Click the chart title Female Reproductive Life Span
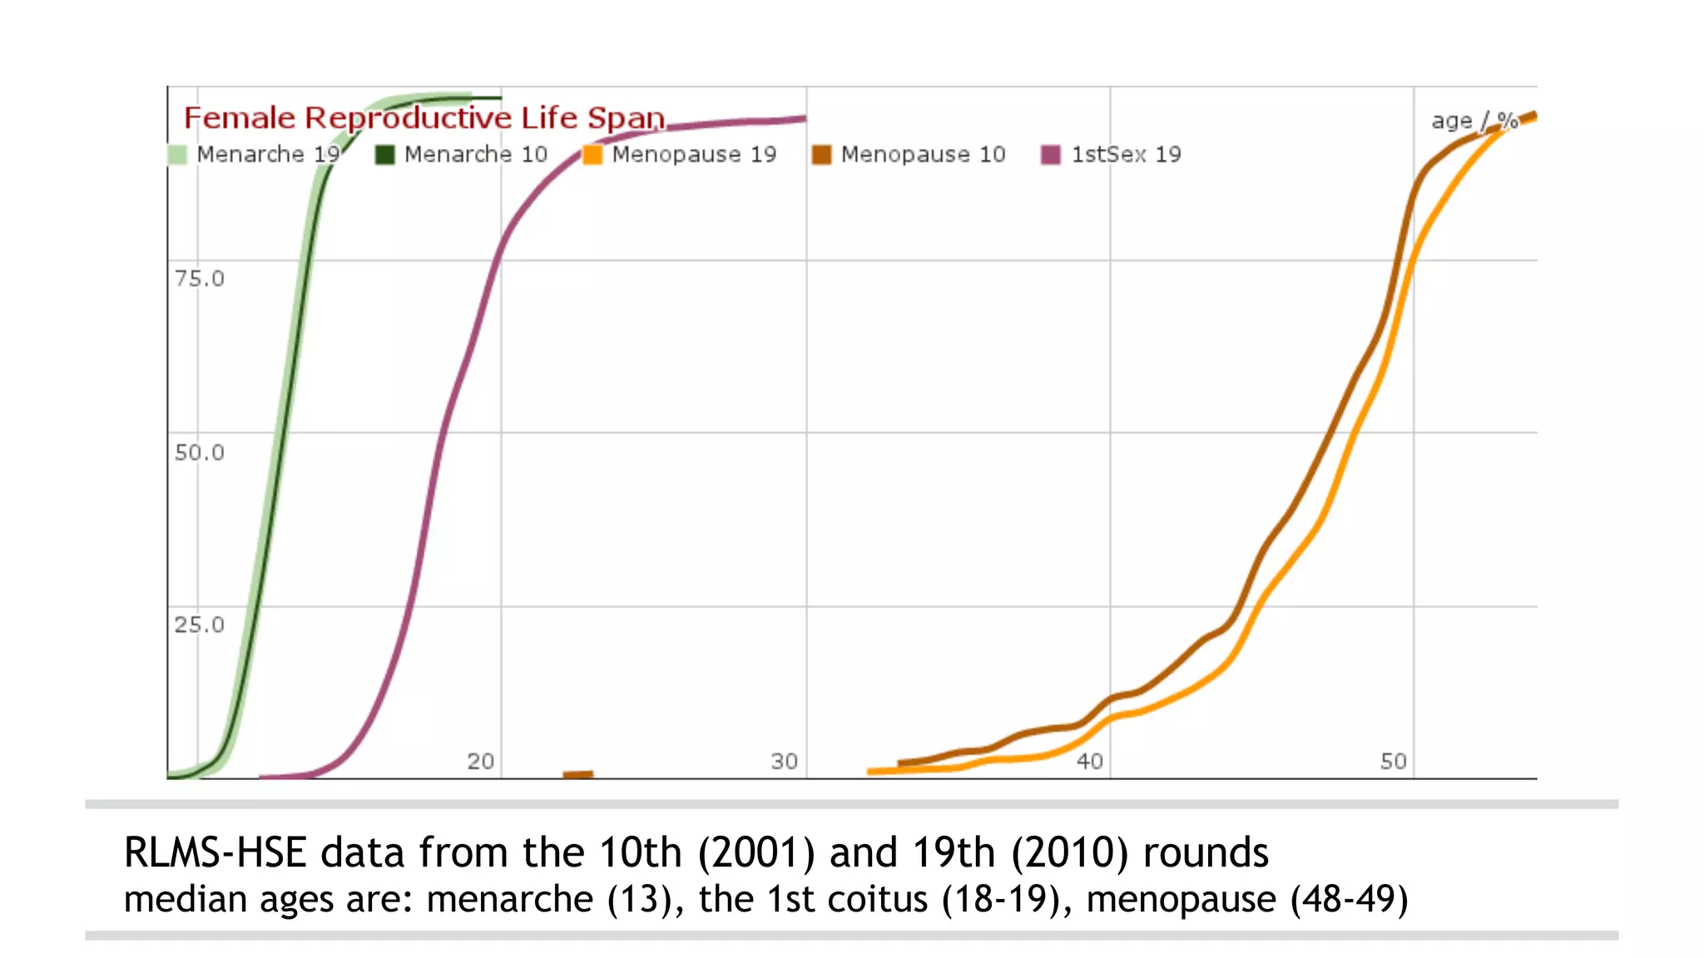(424, 118)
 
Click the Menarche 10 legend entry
(462, 155)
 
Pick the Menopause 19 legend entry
(680, 155)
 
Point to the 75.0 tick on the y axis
(199, 279)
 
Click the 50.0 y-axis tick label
(199, 452)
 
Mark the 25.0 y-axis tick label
(199, 625)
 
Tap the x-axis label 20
(480, 761)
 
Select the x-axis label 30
(784, 761)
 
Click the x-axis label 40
(1089, 761)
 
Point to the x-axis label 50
(1393, 761)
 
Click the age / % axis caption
(1474, 121)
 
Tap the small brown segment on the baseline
(577, 774)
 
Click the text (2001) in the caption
(756, 853)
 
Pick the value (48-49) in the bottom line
(1349, 900)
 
